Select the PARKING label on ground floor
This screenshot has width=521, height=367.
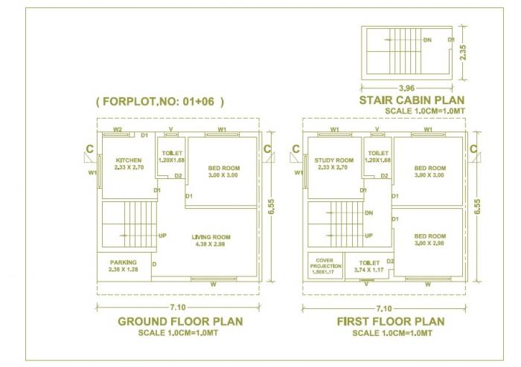click(123, 262)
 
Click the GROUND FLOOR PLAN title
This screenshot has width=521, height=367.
click(180, 321)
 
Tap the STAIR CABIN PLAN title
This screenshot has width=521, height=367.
click(413, 100)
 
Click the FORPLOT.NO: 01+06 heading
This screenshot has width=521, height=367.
click(160, 101)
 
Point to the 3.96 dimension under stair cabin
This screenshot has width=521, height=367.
click(406, 86)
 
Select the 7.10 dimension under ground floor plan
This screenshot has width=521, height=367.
click(177, 308)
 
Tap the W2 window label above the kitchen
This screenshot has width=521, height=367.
click(117, 130)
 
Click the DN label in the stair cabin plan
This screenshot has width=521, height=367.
click(426, 39)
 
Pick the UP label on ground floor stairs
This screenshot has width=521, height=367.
click(162, 236)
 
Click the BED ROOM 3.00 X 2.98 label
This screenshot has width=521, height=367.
click(429, 238)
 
